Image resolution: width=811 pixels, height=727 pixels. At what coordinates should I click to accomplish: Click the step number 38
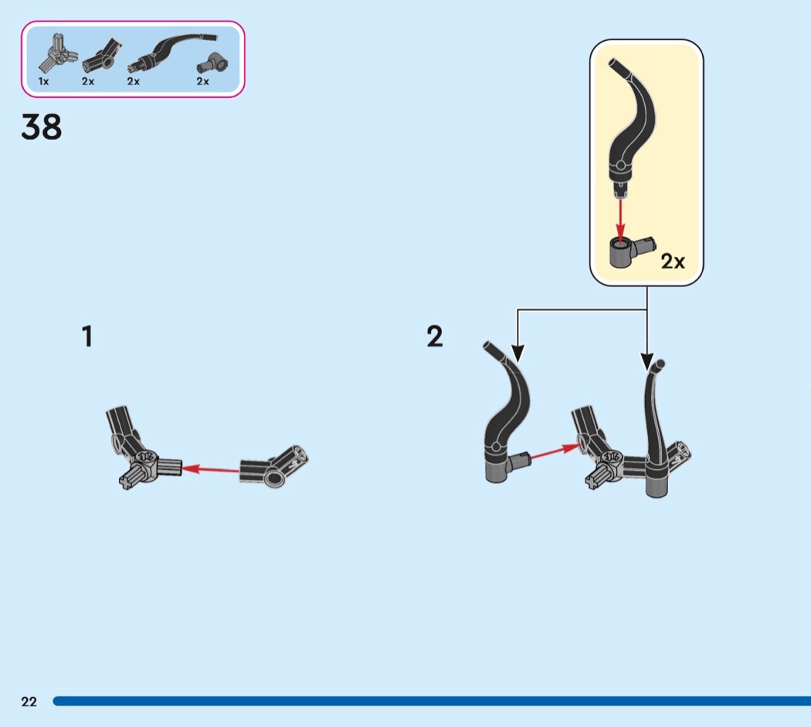pos(42,127)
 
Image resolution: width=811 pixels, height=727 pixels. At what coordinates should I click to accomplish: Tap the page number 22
pos(29,702)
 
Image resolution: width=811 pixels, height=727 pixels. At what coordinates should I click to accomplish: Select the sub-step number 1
pos(87,336)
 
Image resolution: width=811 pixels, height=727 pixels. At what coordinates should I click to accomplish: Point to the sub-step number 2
pos(435,336)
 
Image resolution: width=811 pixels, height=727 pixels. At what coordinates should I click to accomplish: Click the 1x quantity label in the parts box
pos(43,81)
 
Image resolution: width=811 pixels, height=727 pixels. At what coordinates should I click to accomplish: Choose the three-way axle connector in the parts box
pos(57,54)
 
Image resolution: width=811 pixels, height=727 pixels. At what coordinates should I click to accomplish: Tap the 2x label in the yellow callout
pos(673,262)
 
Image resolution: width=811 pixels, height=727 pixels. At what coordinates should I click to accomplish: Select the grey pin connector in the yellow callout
pos(630,251)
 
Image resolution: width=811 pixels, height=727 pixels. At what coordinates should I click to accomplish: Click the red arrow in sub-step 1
pos(210,470)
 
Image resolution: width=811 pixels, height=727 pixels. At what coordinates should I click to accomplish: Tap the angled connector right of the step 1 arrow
pos(273,467)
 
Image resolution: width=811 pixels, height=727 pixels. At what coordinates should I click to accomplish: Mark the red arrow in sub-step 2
pos(555,451)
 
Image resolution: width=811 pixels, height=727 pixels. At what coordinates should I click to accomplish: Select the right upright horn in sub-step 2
pos(655,429)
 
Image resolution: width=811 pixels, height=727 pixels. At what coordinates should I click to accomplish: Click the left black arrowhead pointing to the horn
pos(517,353)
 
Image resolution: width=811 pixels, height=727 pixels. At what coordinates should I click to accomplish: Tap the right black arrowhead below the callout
pos(647,362)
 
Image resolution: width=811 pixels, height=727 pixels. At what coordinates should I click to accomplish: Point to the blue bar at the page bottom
pos(432,702)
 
